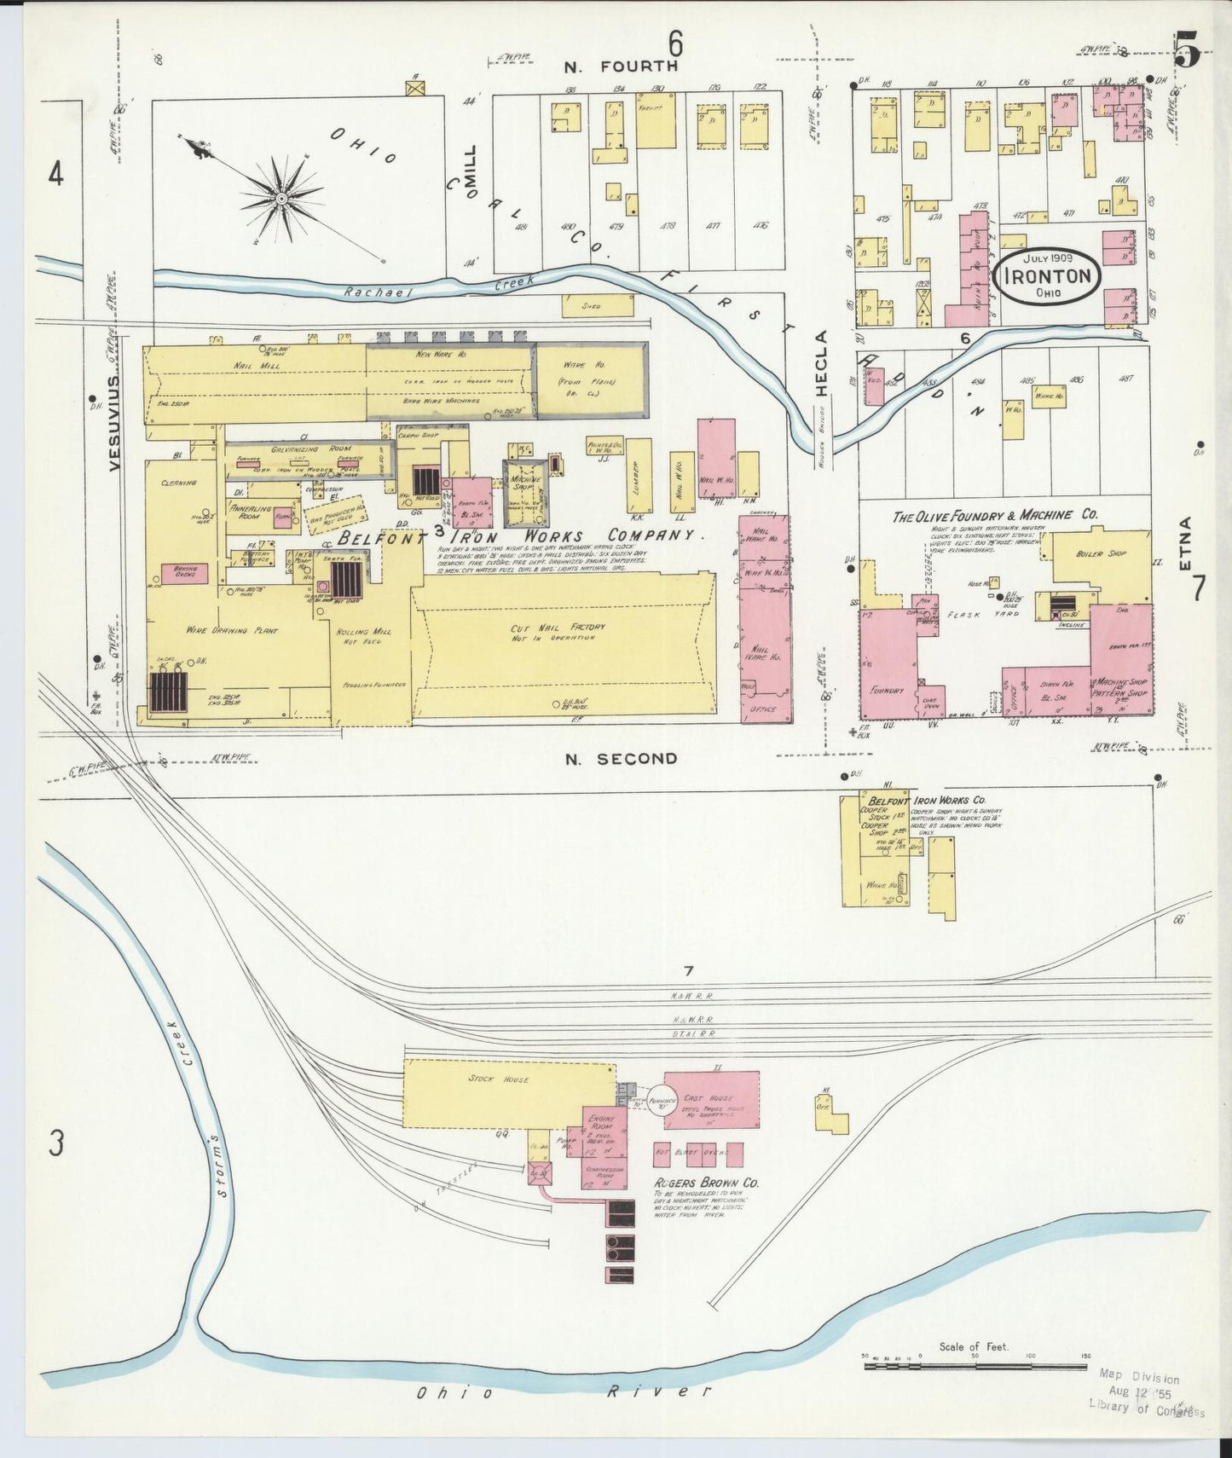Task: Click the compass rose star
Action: pyautogui.click(x=281, y=200)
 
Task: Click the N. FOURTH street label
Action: pyautogui.click(x=621, y=66)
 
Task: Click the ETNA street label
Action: pyautogui.click(x=1186, y=539)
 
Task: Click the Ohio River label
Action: pyautogui.click(x=563, y=1392)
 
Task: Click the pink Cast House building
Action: pyautogui.click(x=711, y=1100)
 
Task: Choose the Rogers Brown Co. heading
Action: pyautogui.click(x=706, y=1183)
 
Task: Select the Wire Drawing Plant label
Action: pyautogui.click(x=217, y=630)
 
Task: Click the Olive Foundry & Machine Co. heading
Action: pyautogui.click(x=994, y=516)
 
